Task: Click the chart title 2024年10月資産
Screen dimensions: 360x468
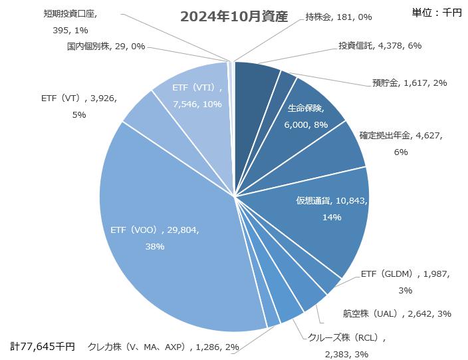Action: coord(234,17)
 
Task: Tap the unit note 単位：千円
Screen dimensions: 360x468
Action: coord(437,13)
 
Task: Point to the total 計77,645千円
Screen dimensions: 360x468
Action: coord(43,347)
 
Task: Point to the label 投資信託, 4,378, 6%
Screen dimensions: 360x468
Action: coord(380,46)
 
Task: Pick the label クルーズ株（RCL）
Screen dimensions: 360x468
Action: coord(346,337)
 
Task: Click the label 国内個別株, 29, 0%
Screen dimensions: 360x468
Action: coord(106,47)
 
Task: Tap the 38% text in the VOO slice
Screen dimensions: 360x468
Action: coord(154,246)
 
